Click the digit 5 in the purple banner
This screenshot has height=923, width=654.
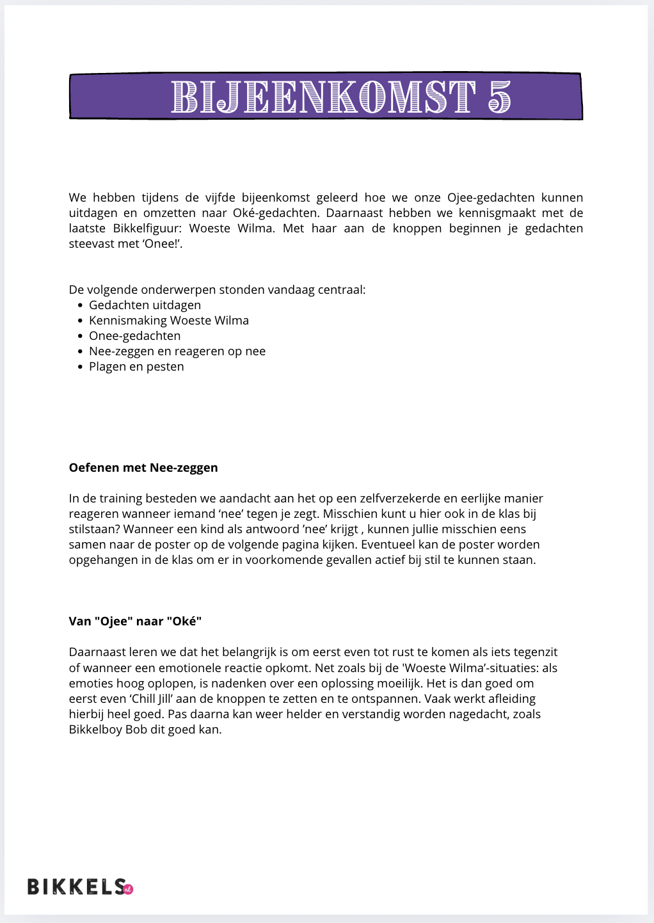tap(499, 97)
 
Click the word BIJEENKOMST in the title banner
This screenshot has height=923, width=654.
tap(323, 97)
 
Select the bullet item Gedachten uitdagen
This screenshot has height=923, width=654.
tap(145, 305)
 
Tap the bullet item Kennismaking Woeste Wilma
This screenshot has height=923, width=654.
tap(169, 321)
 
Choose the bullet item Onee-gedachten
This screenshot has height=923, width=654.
tap(134, 336)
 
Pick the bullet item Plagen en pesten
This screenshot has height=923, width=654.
tap(136, 367)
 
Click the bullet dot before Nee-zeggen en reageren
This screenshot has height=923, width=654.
tap(81, 351)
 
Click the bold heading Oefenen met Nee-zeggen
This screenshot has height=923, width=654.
tap(143, 468)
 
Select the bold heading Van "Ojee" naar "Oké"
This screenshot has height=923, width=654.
tap(135, 622)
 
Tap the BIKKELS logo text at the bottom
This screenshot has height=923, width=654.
tap(76, 887)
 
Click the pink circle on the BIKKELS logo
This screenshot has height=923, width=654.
tap(127, 888)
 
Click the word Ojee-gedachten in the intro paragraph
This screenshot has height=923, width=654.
tap(491, 198)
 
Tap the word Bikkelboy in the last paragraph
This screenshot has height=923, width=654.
tap(95, 730)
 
